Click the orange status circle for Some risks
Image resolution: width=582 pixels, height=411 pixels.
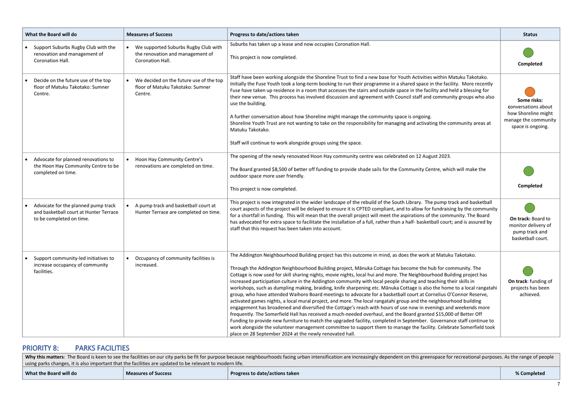(x=530, y=92)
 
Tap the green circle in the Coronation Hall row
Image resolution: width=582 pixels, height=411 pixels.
(x=528, y=53)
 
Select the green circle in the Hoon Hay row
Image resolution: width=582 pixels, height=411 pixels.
(x=528, y=171)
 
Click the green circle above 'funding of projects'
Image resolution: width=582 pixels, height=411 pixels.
(x=528, y=271)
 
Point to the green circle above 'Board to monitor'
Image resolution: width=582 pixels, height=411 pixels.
(x=530, y=208)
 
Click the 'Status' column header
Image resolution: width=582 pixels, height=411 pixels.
(x=530, y=34)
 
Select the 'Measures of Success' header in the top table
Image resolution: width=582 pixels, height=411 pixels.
(x=149, y=34)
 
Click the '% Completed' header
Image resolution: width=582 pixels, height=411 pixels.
(x=530, y=373)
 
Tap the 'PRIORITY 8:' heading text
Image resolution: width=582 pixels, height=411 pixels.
(x=40, y=348)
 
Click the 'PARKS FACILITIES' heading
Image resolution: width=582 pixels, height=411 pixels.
(x=102, y=348)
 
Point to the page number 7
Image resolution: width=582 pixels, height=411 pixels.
(x=558, y=384)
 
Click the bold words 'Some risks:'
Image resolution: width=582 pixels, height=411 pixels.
(x=530, y=100)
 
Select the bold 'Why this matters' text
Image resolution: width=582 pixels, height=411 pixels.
(x=45, y=357)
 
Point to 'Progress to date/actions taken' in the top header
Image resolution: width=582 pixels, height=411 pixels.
(x=264, y=34)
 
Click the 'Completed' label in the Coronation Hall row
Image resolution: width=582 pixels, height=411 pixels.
(x=530, y=64)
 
